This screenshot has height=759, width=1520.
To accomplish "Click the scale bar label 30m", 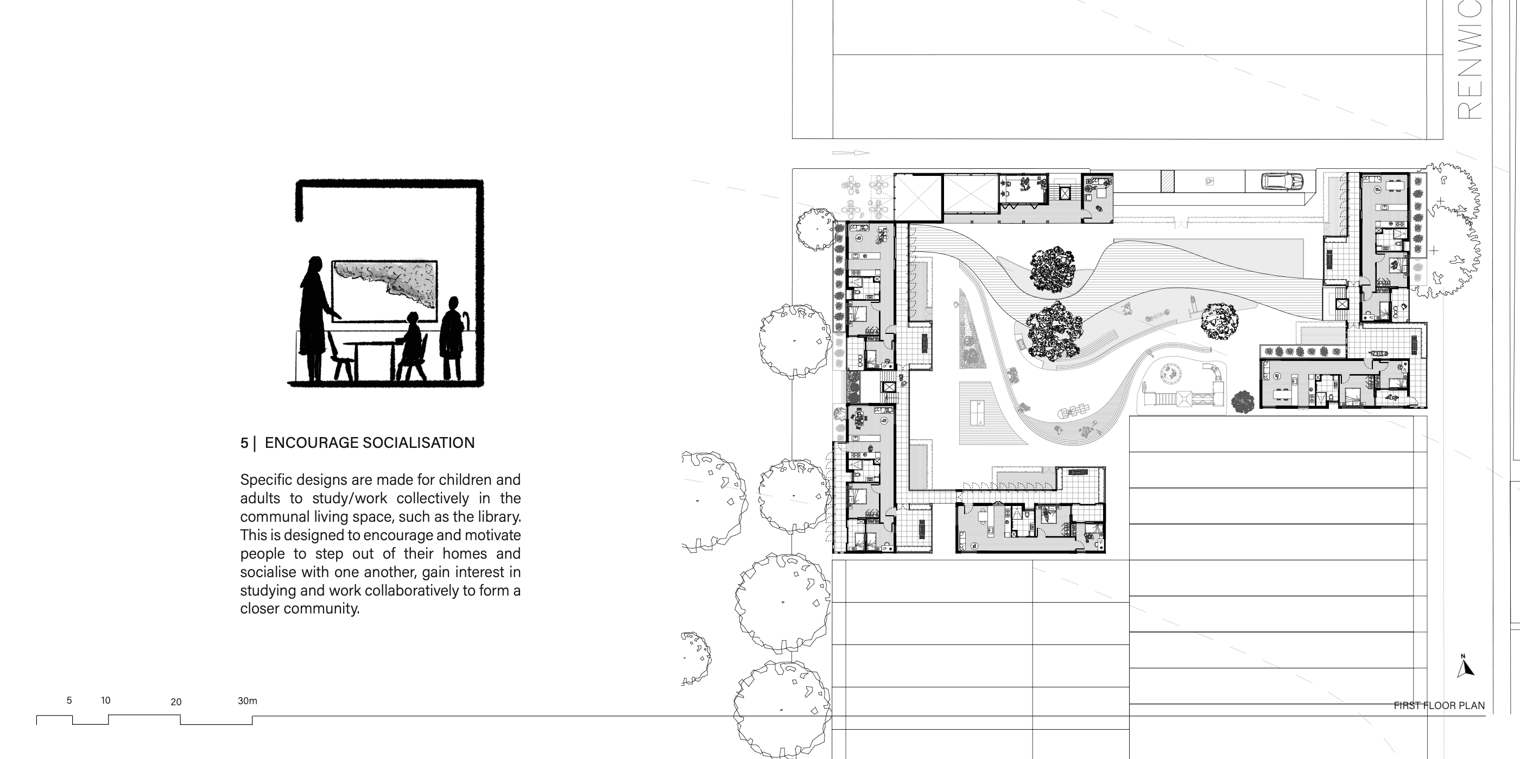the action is [247, 700].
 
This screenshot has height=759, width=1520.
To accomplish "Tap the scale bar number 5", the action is [69, 700].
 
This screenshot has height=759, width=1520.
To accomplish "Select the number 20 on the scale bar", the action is [176, 702].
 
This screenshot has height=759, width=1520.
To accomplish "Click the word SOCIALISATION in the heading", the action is [419, 442].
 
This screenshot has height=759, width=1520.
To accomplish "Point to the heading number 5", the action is [244, 443].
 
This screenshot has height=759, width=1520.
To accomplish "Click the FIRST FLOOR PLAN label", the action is [1439, 705].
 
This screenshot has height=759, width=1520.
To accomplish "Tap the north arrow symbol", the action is [1465, 666].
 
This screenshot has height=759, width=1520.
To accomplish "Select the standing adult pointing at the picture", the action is [318, 319].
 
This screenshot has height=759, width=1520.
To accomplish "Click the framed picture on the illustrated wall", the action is [384, 290].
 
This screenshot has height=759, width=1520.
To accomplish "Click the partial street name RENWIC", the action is [1470, 60].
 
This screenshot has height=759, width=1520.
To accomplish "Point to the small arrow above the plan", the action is [850, 153].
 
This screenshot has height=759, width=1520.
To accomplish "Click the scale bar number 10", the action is [106, 700].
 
